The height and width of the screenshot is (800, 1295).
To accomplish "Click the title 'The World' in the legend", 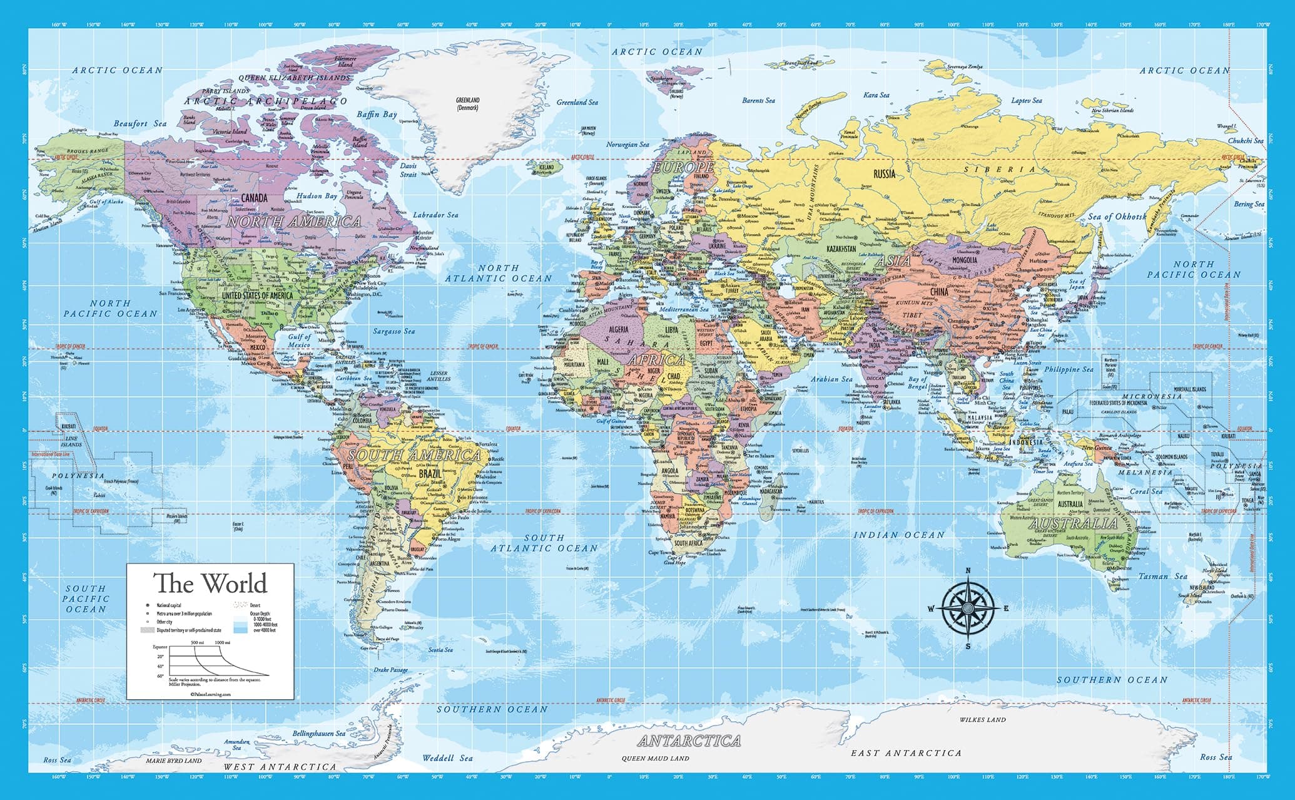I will coord(210,583).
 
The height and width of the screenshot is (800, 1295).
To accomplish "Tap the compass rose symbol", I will coord(968,608).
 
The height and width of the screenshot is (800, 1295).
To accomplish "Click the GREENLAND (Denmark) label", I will coord(467,104).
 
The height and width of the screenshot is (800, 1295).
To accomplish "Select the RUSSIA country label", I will coord(884,173).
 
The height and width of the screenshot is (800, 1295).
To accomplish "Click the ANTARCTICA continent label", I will coord(689,741).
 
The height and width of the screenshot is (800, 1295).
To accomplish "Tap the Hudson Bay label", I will coord(317,196).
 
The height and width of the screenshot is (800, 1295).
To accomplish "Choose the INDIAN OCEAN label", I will coord(899,535).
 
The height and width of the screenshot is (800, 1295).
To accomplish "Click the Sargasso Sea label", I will coord(394,331).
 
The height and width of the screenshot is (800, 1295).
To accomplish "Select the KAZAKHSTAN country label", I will coord(841,249).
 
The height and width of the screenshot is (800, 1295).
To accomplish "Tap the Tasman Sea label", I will coord(1162,576).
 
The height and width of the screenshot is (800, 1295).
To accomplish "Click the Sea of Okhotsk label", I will coord(1117,217).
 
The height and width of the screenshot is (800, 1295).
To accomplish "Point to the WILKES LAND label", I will coord(982,720).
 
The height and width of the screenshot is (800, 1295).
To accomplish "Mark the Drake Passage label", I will coord(391,670).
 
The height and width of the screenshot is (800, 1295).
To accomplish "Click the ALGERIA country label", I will coord(618,329).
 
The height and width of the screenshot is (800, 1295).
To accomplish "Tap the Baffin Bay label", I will coord(377,115).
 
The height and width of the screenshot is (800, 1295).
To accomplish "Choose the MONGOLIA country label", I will coord(964,260).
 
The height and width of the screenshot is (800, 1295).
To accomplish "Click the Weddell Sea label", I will coord(448,758).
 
